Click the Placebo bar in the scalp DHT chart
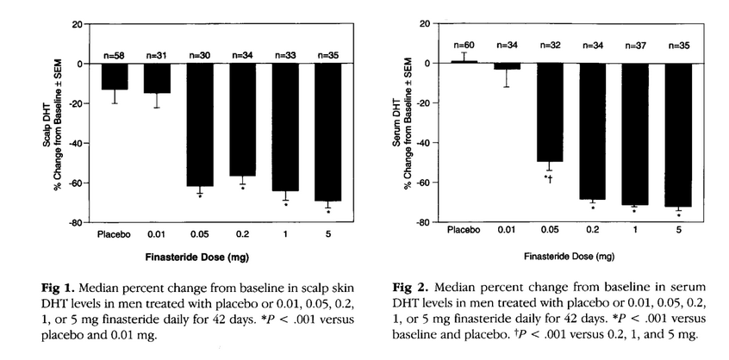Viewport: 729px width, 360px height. [x=114, y=76]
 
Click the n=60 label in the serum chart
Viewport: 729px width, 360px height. [x=464, y=46]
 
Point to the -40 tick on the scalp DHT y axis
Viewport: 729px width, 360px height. [x=81, y=143]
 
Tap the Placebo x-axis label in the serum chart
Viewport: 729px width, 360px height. [x=464, y=231]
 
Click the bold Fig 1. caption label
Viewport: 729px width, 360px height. [x=72, y=285]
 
